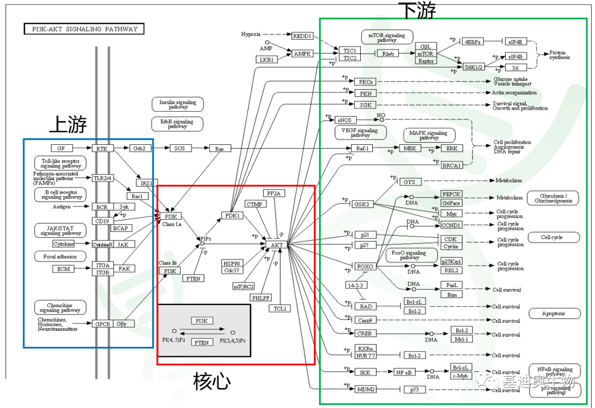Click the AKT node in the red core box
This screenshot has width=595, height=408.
coord(277,243)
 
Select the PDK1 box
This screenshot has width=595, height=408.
coord(232,215)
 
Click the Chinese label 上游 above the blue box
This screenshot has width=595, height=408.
coord(68,125)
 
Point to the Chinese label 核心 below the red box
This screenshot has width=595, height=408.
coord(212,381)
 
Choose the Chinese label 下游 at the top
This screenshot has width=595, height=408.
coord(417,10)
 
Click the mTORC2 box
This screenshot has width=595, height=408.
coord(244,286)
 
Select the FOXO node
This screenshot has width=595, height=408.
coord(365,266)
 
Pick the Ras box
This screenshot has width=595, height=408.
coord(220,148)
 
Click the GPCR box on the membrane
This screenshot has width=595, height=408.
coord(102,324)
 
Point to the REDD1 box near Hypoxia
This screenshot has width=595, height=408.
coord(302,36)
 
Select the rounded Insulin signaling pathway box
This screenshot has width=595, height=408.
coord(177,105)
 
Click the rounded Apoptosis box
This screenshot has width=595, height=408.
coord(554,313)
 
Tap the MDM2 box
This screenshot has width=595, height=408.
coord(365,389)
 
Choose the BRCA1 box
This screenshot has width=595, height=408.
coord(452,165)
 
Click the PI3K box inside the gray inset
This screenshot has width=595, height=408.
coord(202,320)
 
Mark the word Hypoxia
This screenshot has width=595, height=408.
coord(251,34)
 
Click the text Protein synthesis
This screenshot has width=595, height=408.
coord(560,55)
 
